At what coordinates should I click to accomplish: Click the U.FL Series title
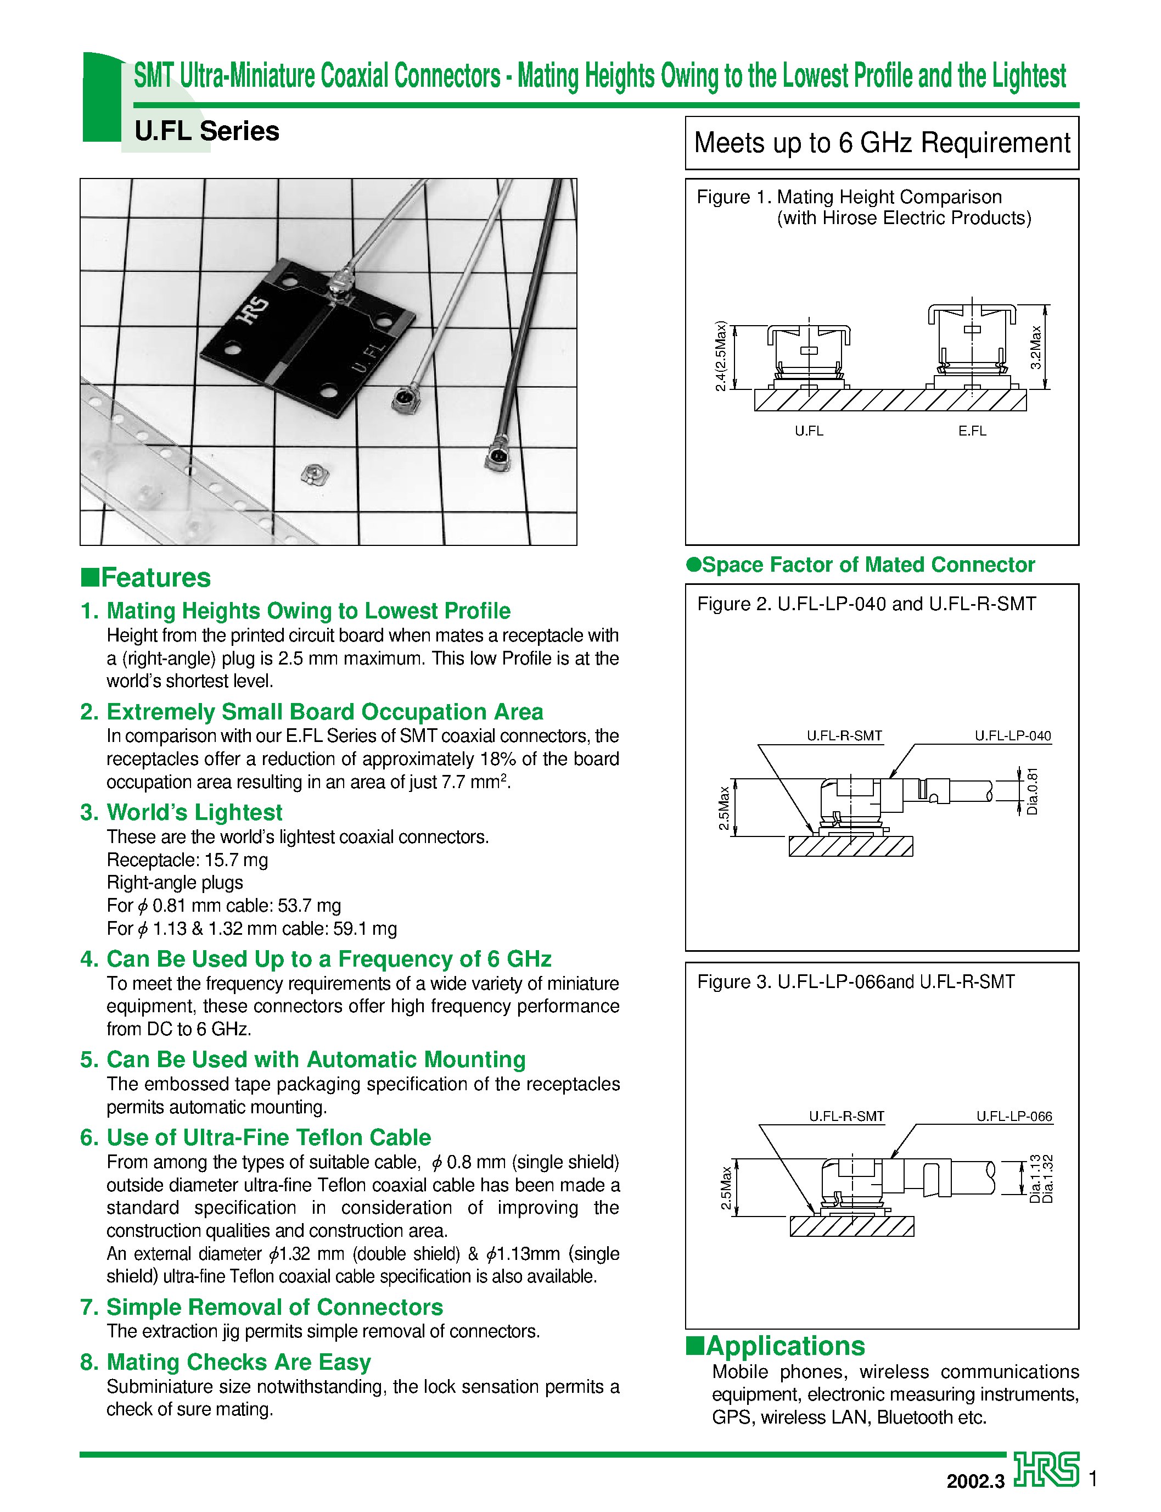tap(206, 131)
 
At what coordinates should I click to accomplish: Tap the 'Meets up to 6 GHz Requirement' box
tap(881, 143)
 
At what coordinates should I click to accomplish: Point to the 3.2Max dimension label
tap(1035, 348)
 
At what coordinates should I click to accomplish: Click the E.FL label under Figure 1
tap(972, 431)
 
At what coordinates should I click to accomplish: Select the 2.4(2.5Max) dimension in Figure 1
tap(721, 356)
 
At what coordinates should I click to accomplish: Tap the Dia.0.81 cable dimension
tap(1033, 791)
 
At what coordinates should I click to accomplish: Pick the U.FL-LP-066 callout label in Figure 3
tap(1014, 1117)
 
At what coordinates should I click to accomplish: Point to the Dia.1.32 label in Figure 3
tap(1048, 1178)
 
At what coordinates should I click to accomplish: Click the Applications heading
tap(784, 1346)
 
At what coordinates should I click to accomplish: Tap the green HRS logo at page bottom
tap(1046, 1469)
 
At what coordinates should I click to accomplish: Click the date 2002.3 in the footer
tap(975, 1481)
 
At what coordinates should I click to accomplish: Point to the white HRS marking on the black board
tap(253, 310)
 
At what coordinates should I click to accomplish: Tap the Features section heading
tap(155, 577)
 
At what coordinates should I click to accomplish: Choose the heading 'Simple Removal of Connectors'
tap(274, 1307)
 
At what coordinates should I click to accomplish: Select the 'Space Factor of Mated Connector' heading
tap(867, 565)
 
